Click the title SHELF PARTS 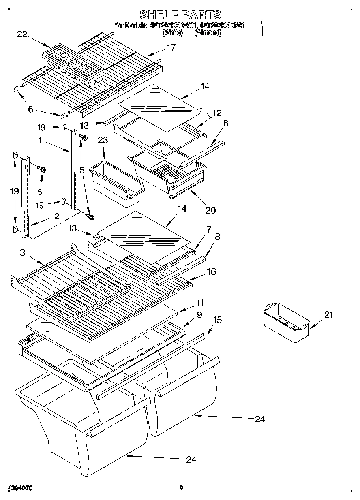click(x=180, y=15)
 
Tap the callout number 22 click(x=22, y=34)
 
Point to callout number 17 click(x=171, y=47)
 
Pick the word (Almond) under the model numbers click(x=208, y=33)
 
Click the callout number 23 click(x=103, y=140)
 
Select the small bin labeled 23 click(x=116, y=182)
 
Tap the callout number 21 click(x=328, y=314)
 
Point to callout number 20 click(x=210, y=210)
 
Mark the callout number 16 click(x=211, y=271)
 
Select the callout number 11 click(x=200, y=303)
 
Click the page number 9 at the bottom click(x=181, y=488)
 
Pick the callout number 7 click(x=208, y=230)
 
